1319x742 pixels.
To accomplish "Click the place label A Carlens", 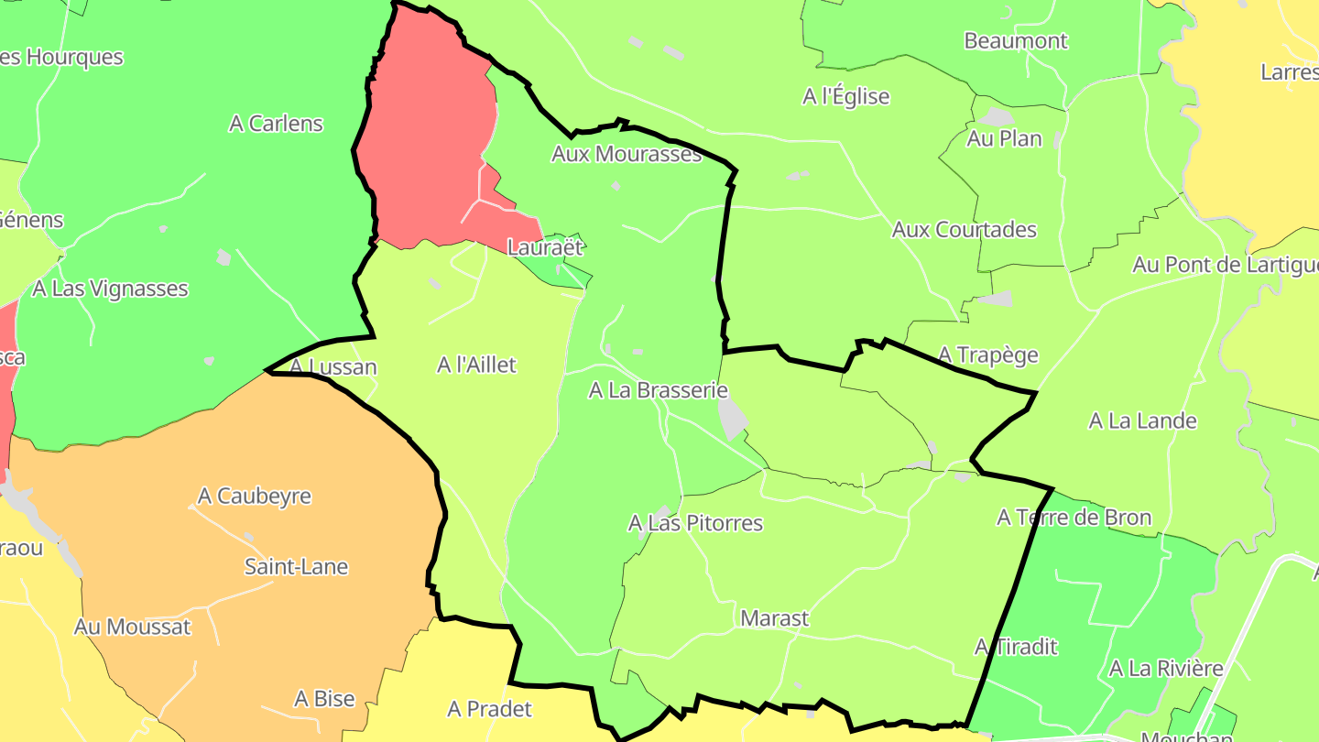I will [276, 124].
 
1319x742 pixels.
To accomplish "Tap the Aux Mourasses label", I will [627, 154].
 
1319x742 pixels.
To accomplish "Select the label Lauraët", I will [546, 247].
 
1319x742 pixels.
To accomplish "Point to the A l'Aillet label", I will [476, 366].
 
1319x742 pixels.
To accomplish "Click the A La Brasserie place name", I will [658, 390].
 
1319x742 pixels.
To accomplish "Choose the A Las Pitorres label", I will [695, 523].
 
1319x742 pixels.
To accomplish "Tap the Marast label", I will [774, 618].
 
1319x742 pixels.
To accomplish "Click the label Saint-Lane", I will [296, 566].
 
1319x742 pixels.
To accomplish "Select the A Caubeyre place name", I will [255, 496].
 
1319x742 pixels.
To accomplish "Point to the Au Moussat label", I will [132, 627].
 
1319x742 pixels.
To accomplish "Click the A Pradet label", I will [489, 709].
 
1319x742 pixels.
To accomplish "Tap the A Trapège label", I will [988, 355].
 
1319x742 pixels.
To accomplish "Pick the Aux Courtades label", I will [964, 229].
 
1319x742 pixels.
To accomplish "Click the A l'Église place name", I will [845, 96].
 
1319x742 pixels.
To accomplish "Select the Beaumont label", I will [1016, 41].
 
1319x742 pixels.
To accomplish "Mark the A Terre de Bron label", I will [1074, 518].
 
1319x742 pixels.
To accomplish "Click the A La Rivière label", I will [1165, 669].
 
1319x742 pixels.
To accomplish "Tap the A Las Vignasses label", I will [110, 289].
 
